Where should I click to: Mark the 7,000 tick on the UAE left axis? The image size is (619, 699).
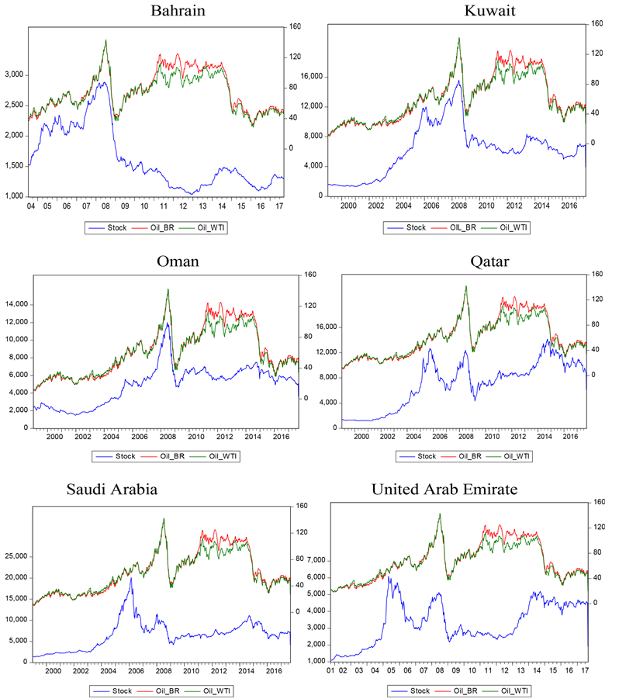[317, 560]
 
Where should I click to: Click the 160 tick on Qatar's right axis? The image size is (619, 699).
[598, 274]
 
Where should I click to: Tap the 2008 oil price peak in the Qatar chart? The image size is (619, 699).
[465, 287]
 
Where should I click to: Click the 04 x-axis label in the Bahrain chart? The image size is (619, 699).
[31, 207]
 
